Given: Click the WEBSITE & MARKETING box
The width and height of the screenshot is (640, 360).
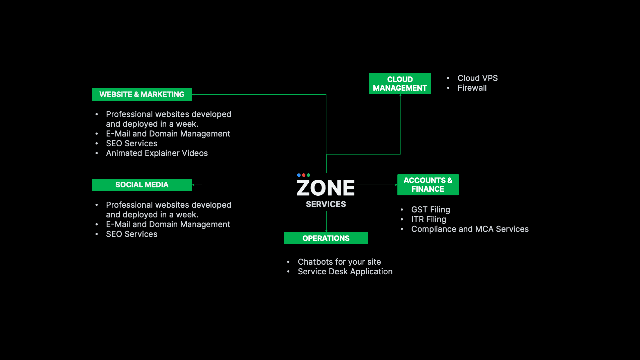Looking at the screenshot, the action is (x=142, y=94).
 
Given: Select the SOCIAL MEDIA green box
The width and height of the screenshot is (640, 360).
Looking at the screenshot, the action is (x=142, y=185).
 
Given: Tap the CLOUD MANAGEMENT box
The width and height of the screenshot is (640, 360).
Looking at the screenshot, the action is (x=400, y=83).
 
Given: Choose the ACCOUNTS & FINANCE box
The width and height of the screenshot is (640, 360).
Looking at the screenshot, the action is (x=428, y=185).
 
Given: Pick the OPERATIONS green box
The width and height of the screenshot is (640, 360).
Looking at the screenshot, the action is (x=326, y=238).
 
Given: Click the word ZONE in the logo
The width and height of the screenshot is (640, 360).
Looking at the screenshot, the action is (x=326, y=188).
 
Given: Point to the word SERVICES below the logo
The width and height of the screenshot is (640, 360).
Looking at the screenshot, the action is (x=326, y=204).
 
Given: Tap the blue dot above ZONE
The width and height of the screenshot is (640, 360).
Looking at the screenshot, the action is (x=299, y=175).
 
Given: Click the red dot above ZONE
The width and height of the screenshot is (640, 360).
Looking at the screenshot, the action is (x=304, y=175).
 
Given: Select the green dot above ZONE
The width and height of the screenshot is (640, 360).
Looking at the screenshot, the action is (x=308, y=175).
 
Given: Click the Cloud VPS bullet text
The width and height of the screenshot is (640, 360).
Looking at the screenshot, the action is (x=478, y=78).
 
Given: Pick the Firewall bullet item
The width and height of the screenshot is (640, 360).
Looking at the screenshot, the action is (x=472, y=88).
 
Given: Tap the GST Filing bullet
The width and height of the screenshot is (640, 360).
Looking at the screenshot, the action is (x=431, y=210).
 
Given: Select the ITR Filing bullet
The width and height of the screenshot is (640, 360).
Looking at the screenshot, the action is (x=429, y=219).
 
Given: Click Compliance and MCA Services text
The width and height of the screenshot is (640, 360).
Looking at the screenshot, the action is (x=470, y=229).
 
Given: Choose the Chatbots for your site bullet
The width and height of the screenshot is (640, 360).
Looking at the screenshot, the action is (x=339, y=262).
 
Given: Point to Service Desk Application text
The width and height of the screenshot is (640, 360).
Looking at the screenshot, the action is (x=345, y=272).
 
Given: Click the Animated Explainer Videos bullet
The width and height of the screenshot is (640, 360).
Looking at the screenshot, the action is (x=157, y=153).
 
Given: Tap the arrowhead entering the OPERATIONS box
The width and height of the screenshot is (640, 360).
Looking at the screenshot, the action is (x=326, y=231).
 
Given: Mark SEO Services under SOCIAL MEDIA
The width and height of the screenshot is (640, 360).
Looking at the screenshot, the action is (x=132, y=234).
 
